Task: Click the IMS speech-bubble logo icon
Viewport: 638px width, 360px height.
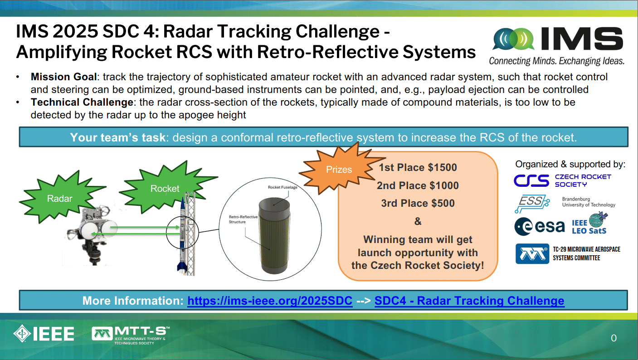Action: tap(514, 39)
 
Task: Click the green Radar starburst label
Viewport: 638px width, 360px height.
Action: tap(60, 198)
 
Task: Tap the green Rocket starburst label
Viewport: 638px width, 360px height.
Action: tap(165, 188)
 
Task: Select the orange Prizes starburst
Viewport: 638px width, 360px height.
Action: tap(339, 170)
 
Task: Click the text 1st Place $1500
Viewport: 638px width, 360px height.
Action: tap(418, 167)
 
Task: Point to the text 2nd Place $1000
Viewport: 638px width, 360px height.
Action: tap(418, 185)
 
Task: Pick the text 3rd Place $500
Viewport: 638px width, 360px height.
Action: tap(418, 204)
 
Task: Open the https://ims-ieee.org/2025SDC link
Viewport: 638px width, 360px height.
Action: tap(270, 301)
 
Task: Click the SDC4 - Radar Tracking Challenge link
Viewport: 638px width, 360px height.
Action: tap(469, 301)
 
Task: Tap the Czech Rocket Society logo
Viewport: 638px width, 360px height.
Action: tap(563, 180)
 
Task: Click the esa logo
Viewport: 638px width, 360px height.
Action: tap(540, 227)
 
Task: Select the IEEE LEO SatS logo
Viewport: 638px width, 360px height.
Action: tap(589, 223)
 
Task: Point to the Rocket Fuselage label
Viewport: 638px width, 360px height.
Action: tap(282, 187)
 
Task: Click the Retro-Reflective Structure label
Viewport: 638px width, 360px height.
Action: tap(243, 219)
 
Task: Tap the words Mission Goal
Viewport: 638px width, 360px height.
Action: tap(64, 77)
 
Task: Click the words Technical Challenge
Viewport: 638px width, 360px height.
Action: tap(82, 102)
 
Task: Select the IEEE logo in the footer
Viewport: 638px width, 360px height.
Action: tap(44, 334)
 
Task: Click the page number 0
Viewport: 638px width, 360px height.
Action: tap(614, 338)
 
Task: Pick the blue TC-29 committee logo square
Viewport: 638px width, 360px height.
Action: tap(532, 253)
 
